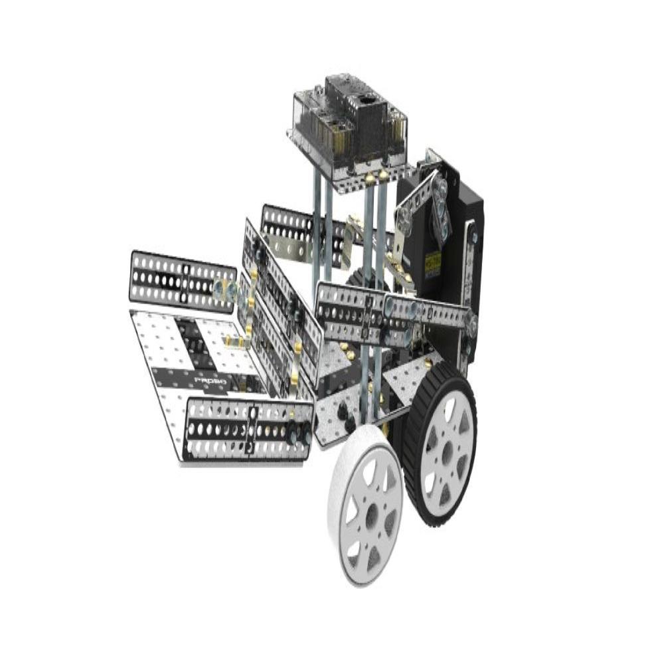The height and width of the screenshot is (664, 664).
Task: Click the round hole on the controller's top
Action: pos(365,101)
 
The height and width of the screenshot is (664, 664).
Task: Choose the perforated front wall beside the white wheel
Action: pos(249,430)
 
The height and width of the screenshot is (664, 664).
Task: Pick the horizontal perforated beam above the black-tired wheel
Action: pos(392,312)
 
